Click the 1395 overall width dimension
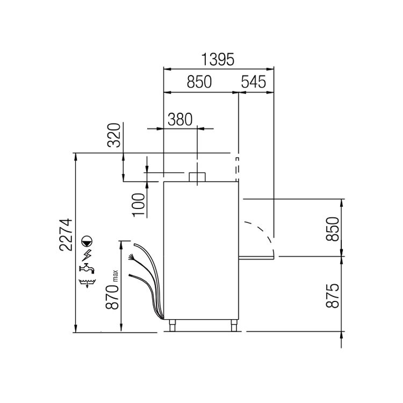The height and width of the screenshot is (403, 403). coord(218,59)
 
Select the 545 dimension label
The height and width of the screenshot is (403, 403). coord(254,82)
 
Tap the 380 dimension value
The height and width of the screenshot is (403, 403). coord(180,119)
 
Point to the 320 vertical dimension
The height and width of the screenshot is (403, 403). coord(114,135)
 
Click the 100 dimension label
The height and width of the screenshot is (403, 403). coord(139,205)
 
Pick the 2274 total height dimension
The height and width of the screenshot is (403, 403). coord(66,235)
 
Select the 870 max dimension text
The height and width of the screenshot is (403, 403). coord(112,290)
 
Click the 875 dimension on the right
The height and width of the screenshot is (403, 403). coord(332,296)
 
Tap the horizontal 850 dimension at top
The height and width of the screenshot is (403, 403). coord(199,82)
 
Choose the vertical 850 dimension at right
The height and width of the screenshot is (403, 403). coord(332,229)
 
